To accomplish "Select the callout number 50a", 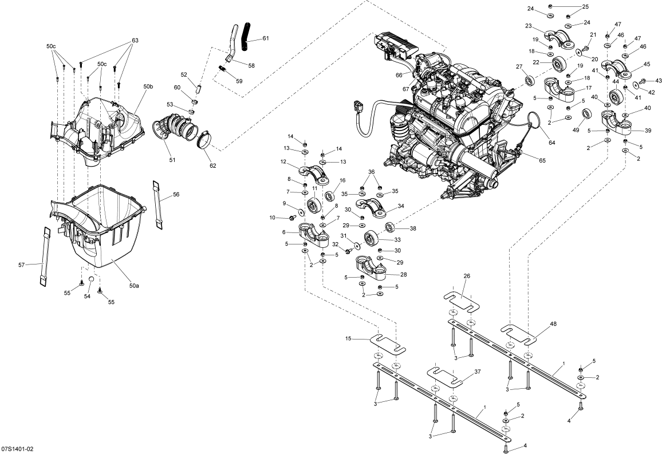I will pyautogui.click(x=134, y=285).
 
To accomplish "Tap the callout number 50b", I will pyautogui.click(x=148, y=86).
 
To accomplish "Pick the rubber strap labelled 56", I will pyautogui.click(x=158, y=203).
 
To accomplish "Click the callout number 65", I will pyautogui.click(x=542, y=160).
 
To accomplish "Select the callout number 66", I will pyautogui.click(x=399, y=76).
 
